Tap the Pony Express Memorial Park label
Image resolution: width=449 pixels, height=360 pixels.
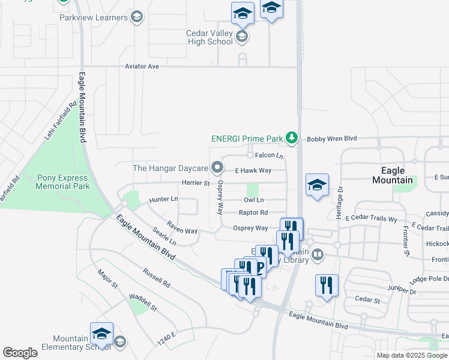point(62,182)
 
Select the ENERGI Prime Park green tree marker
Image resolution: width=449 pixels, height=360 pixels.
point(292,139)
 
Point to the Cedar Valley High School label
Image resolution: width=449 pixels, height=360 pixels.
point(211,37)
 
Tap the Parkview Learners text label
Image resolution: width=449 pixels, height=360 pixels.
point(94,17)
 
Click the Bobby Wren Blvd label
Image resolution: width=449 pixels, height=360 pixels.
point(332,139)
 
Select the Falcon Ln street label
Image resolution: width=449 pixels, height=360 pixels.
point(269,155)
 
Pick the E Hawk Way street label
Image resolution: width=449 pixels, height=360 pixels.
point(253,170)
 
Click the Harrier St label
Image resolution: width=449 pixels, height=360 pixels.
point(195,183)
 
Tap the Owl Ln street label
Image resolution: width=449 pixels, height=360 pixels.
point(254,200)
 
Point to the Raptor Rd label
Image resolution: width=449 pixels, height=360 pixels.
point(253,212)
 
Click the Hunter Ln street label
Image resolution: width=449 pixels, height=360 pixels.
point(163,199)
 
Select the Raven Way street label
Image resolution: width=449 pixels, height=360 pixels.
point(182,230)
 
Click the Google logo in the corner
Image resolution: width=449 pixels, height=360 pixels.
point(20,353)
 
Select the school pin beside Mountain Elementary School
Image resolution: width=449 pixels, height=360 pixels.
point(101,335)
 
